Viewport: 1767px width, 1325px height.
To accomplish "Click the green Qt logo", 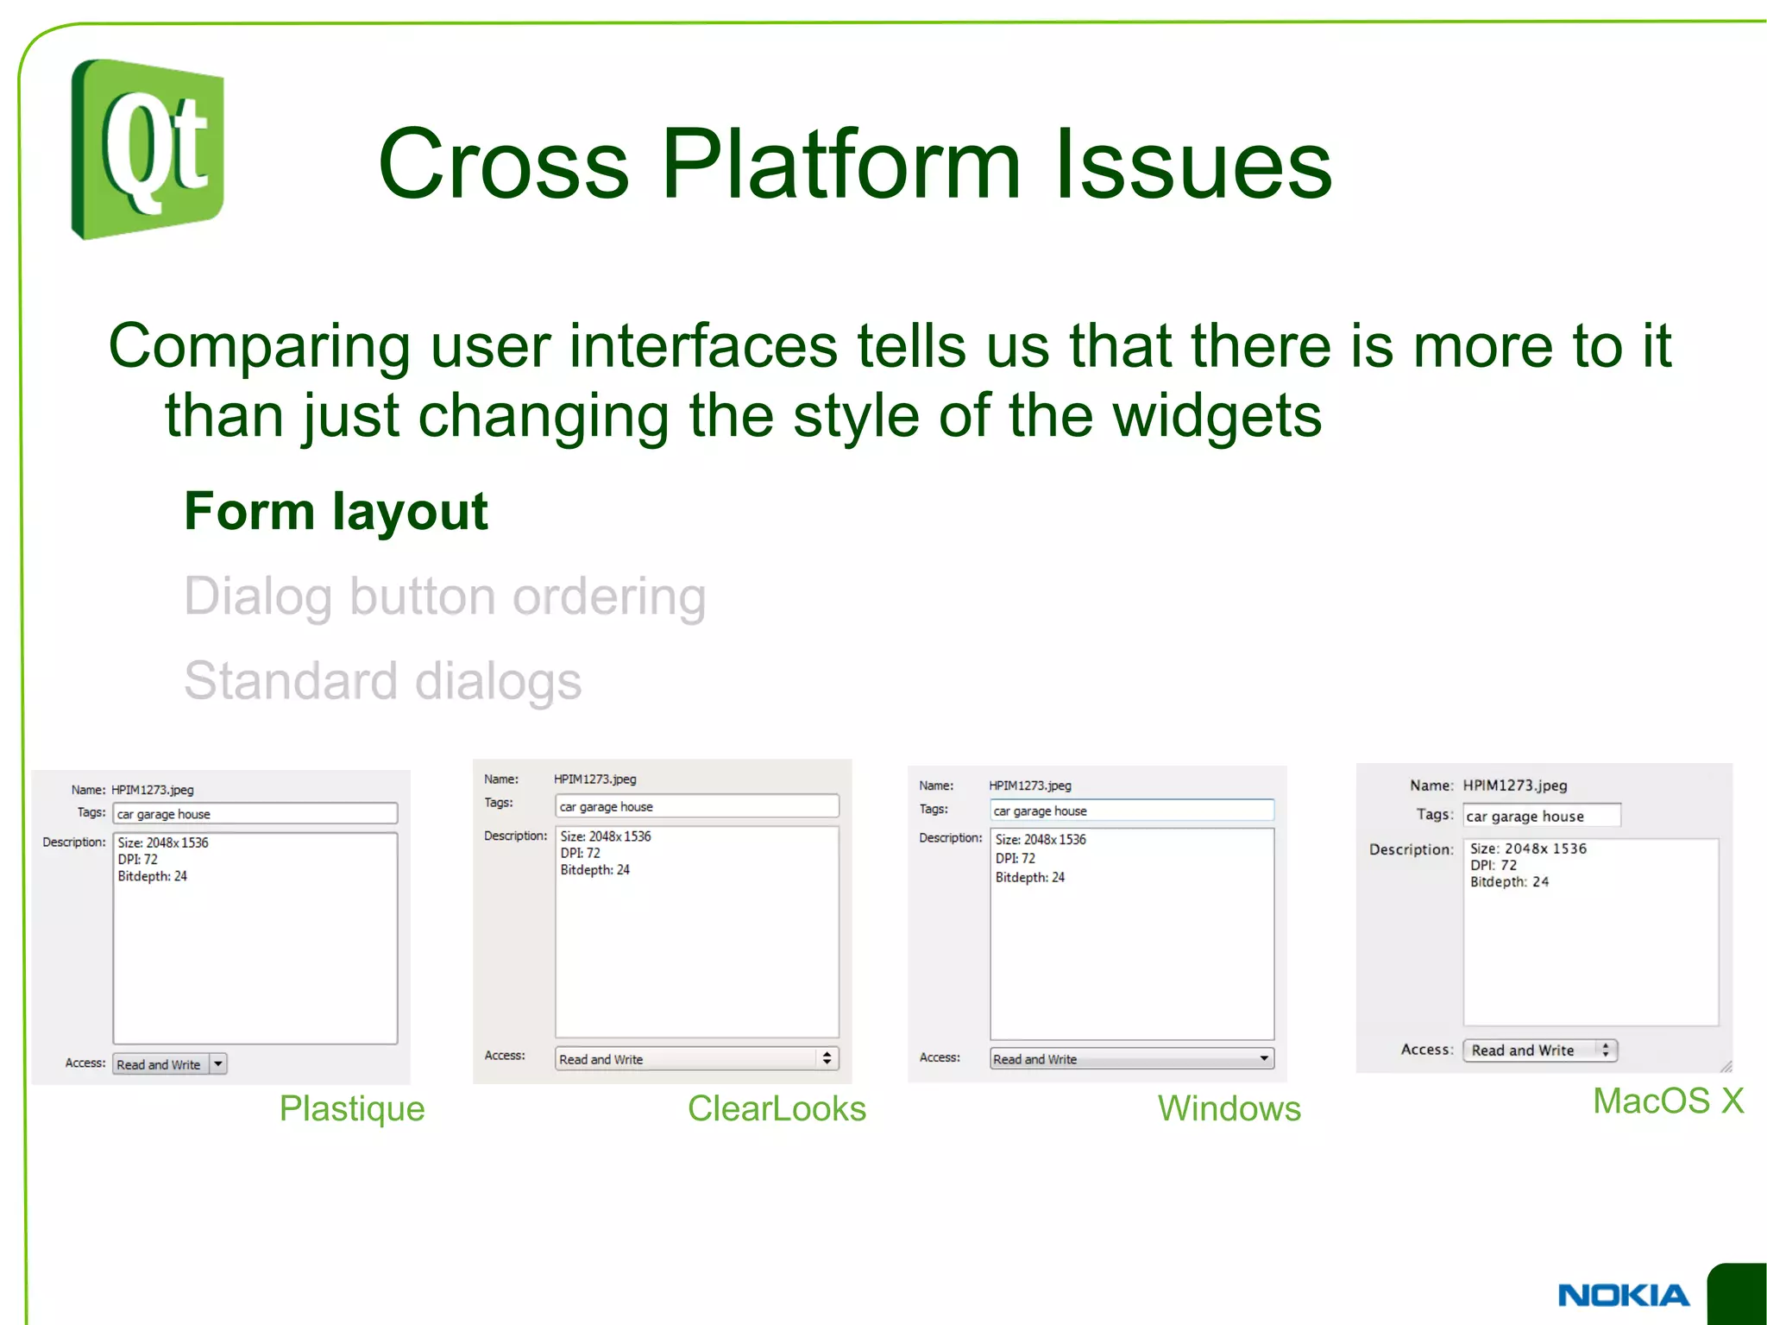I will (148, 148).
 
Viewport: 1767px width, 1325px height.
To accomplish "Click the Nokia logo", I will (1623, 1295).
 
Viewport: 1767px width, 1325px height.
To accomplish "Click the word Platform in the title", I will (841, 163).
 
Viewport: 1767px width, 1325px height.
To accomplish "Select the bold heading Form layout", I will (336, 511).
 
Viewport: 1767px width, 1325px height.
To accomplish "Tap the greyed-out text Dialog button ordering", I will (444, 596).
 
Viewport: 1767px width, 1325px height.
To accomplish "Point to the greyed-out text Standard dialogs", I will (382, 681).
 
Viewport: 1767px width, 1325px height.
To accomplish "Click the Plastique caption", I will (351, 1108).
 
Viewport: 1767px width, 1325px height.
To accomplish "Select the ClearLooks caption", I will (776, 1108).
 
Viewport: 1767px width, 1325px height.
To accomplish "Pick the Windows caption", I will (1229, 1108).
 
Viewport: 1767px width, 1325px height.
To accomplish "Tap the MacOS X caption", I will (1667, 1101).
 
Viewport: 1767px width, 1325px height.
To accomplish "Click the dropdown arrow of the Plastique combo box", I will (218, 1063).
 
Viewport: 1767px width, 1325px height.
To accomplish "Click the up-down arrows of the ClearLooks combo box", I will (827, 1058).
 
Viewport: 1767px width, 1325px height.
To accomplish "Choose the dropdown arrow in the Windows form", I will (1264, 1058).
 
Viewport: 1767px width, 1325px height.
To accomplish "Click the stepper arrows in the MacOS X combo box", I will (1605, 1050).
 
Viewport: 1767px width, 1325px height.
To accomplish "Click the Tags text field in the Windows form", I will (1131, 811).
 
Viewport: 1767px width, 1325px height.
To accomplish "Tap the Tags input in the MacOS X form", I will (1541, 816).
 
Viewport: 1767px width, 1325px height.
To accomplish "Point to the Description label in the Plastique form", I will (74, 842).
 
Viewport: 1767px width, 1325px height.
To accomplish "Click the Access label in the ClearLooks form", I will (505, 1055).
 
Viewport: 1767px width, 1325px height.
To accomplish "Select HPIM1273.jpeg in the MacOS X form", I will (1514, 786).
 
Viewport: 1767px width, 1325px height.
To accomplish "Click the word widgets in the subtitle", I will (1217, 415).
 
